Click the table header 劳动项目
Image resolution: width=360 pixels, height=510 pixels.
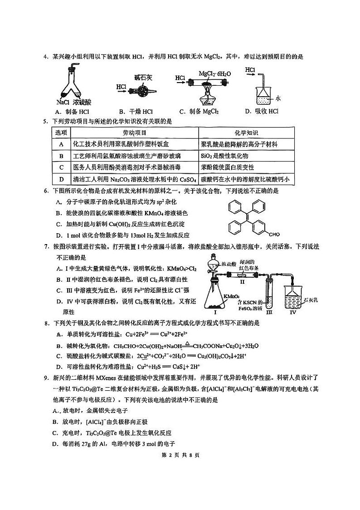coord(134,133)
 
